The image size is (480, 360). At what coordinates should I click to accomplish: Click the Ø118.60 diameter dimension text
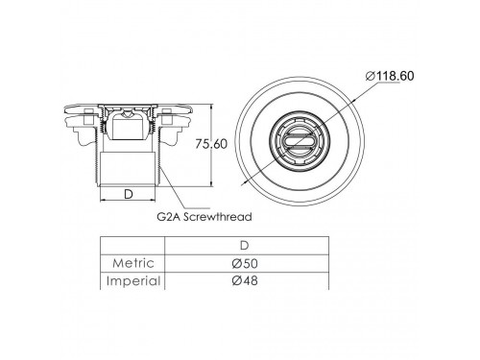[x=390, y=76]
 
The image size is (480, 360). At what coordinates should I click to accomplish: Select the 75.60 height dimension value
[x=211, y=144]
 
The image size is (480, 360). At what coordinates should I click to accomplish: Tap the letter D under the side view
[x=128, y=194]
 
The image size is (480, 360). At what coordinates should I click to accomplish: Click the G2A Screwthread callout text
[x=204, y=217]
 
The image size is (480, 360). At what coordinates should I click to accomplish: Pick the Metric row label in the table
[x=133, y=263]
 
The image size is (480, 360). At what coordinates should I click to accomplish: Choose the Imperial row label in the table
[x=133, y=281]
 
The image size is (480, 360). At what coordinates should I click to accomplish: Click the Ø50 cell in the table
[x=245, y=263]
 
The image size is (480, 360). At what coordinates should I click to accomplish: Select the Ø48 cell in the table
[x=245, y=280]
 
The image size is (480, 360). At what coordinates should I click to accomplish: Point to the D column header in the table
[x=245, y=246]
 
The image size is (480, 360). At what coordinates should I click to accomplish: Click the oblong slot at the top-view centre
[x=300, y=141]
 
